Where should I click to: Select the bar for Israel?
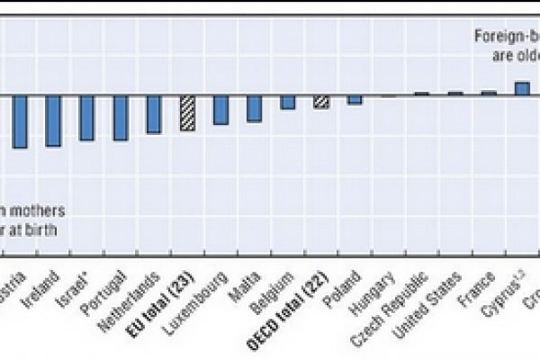click(87, 118)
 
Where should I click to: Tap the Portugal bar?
click(121, 118)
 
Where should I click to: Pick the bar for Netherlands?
click(154, 114)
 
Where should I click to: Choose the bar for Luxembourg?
click(220, 110)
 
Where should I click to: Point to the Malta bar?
click(254, 108)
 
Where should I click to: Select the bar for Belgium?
click(287, 102)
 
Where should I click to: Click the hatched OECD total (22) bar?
click(321, 102)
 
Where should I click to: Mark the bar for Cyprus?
click(521, 88)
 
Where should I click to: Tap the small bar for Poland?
click(355, 100)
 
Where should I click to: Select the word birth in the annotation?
click(42, 229)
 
